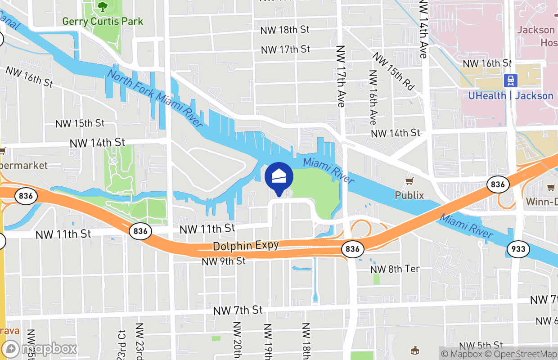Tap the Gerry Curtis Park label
[x=103, y=21]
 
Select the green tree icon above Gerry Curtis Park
[x=103, y=6]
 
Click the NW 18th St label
[x=285, y=30]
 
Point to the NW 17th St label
[x=285, y=49]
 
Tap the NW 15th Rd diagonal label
[x=393, y=72]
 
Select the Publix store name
[x=409, y=195]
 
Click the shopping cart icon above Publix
[x=409, y=181]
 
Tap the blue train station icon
[x=510, y=81]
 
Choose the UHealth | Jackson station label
[x=510, y=95]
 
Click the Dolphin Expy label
[x=246, y=246]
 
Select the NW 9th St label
[x=223, y=261]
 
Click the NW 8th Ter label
[x=395, y=269]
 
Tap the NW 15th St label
[x=80, y=123]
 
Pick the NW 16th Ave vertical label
[x=373, y=97]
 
